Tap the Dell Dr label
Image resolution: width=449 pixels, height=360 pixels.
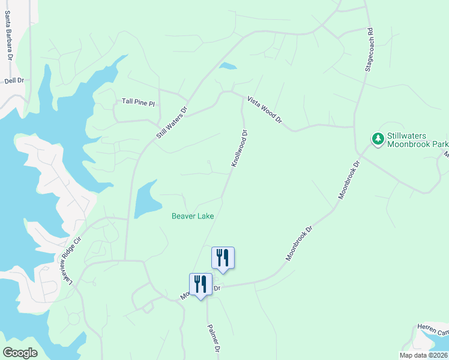click(x=14, y=80)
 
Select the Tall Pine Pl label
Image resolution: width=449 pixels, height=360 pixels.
click(x=138, y=103)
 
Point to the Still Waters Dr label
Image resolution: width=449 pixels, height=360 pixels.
click(x=172, y=123)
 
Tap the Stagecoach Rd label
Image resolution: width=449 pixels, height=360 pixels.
click(x=370, y=50)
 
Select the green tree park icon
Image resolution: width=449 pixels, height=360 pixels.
click(x=378, y=140)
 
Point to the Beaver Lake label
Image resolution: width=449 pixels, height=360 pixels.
click(x=193, y=216)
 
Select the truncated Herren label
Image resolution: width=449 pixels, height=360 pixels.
click(x=434, y=332)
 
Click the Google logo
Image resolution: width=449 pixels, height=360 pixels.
click(x=20, y=353)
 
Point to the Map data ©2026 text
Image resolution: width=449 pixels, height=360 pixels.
click(x=423, y=355)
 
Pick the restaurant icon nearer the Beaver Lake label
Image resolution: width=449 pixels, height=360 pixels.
click(x=223, y=258)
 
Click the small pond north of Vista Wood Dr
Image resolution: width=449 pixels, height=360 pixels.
click(x=228, y=65)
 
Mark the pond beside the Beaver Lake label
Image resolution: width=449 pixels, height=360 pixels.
click(x=146, y=200)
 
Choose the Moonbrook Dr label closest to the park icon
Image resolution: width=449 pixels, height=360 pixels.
click(x=350, y=181)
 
